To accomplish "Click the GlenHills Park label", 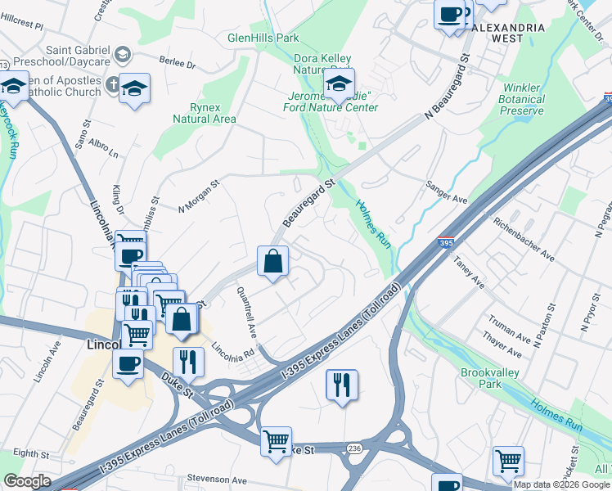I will pos(263,38).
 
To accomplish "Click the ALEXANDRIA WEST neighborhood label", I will pos(507,33).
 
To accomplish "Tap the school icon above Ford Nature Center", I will pos(339,83).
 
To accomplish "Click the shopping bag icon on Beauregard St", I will pos(272,262).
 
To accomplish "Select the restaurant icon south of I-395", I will pos(341,385).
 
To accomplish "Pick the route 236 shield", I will pos(353,448).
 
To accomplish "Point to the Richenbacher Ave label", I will pos(523,239).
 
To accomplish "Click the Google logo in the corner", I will pos(27,481).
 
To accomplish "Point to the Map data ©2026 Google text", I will pos(560,484).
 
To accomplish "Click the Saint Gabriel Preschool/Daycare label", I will pos(56,56).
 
